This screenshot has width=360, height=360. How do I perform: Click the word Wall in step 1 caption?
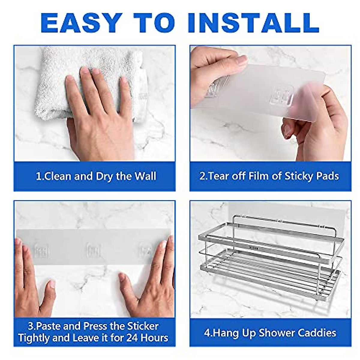click(145, 176)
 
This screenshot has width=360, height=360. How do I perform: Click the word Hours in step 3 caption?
click(155, 338)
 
